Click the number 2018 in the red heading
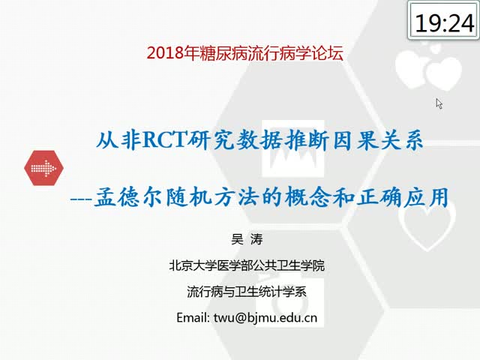pos(165,53)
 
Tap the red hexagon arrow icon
pos(43,168)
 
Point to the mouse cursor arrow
pos(439,103)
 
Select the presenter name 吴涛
pos(247,239)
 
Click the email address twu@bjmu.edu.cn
pos(265,318)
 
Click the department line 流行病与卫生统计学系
pos(247,292)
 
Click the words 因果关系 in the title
pos(379,140)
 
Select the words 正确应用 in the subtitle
pos(403,196)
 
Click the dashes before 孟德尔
pos(81,199)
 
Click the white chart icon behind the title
pos(293,149)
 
